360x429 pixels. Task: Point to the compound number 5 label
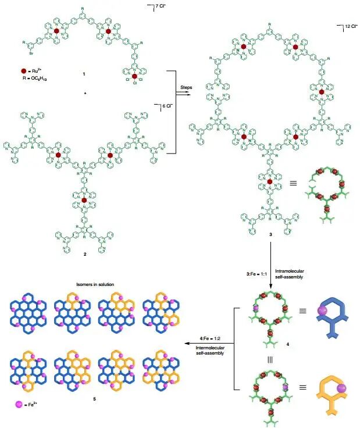click(94, 399)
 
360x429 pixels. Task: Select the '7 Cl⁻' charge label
click(155, 8)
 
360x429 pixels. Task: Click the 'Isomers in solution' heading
click(94, 284)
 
